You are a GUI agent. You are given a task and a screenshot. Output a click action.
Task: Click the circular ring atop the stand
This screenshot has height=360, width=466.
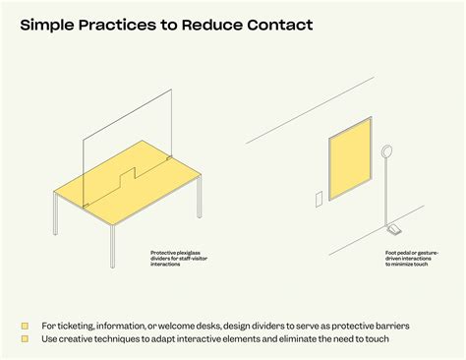(x=386, y=152)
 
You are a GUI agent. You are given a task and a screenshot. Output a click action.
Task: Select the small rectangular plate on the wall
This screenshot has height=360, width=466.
(x=318, y=200)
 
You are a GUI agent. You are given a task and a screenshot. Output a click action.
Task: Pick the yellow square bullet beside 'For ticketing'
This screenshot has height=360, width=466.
(x=26, y=325)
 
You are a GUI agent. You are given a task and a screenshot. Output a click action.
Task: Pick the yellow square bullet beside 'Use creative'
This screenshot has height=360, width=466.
(x=26, y=339)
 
